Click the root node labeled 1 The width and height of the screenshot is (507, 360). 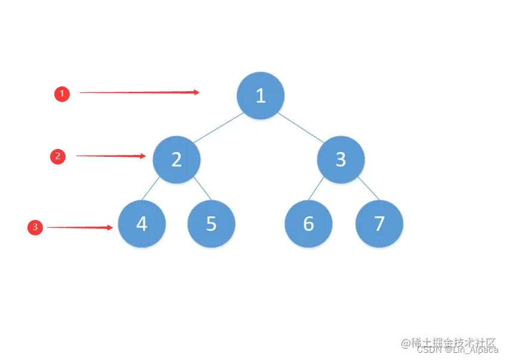[260, 95]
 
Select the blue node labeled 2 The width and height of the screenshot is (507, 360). [177, 159]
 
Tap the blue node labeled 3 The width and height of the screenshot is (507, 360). [341, 159]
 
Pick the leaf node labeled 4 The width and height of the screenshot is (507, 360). [142, 224]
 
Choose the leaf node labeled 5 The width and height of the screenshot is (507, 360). [211, 224]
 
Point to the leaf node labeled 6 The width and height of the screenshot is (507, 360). [308, 224]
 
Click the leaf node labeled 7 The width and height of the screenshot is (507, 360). [379, 224]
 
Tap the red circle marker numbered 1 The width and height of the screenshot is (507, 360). [62, 94]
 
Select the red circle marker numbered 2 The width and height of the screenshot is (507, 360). [58, 157]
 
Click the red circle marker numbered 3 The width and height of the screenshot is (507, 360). [35, 227]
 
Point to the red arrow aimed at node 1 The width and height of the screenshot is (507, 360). [139, 92]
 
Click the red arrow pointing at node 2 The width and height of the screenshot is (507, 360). [111, 156]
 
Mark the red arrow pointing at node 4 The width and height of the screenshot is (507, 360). [80, 227]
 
